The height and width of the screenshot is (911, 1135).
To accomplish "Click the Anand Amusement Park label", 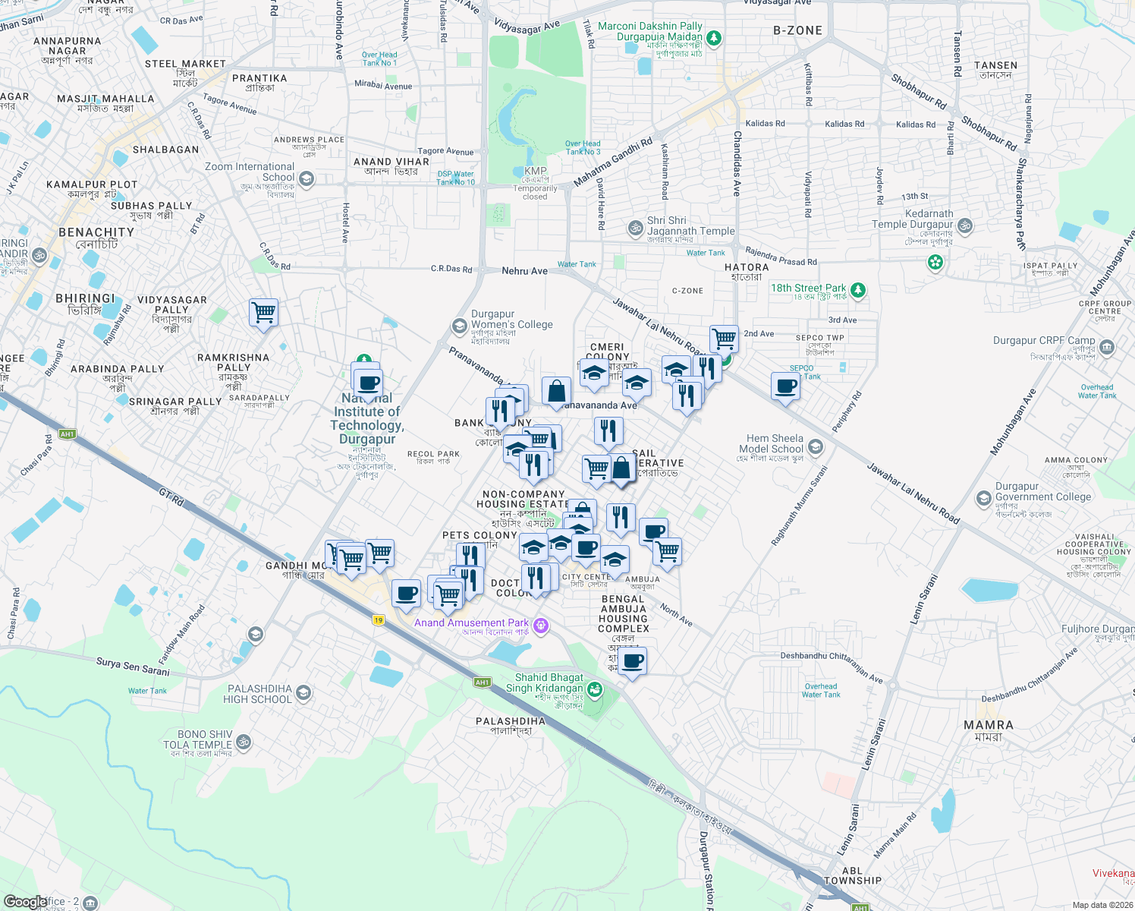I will (471, 623).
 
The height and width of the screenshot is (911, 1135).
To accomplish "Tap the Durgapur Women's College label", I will (512, 320).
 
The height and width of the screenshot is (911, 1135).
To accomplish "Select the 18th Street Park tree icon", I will (858, 290).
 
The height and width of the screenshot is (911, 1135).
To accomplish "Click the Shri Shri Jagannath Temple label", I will (690, 226).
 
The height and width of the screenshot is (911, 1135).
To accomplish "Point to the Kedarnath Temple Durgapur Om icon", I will (965, 225).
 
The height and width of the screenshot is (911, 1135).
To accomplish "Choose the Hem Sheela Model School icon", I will (816, 446).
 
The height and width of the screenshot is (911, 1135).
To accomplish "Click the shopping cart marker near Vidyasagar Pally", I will (263, 312).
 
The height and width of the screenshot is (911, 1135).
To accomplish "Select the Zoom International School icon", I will (307, 179).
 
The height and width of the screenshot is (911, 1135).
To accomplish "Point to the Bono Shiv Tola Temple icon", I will (244, 742).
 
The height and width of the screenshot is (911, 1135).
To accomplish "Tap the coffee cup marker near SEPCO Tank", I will (785, 386).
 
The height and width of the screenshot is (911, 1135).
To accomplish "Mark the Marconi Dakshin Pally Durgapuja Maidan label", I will (649, 31).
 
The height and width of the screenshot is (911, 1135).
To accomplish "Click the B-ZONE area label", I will (797, 30).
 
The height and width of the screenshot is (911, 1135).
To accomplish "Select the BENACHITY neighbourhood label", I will (96, 232).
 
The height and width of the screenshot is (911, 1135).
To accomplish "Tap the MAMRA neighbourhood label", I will (988, 725).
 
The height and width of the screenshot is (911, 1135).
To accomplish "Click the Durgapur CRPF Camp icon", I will (1107, 348).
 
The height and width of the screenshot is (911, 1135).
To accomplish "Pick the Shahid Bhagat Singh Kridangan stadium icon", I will (595, 689).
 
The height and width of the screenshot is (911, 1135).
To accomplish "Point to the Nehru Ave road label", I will (524, 271).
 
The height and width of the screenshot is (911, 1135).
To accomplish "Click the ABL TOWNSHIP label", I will (853, 876).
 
